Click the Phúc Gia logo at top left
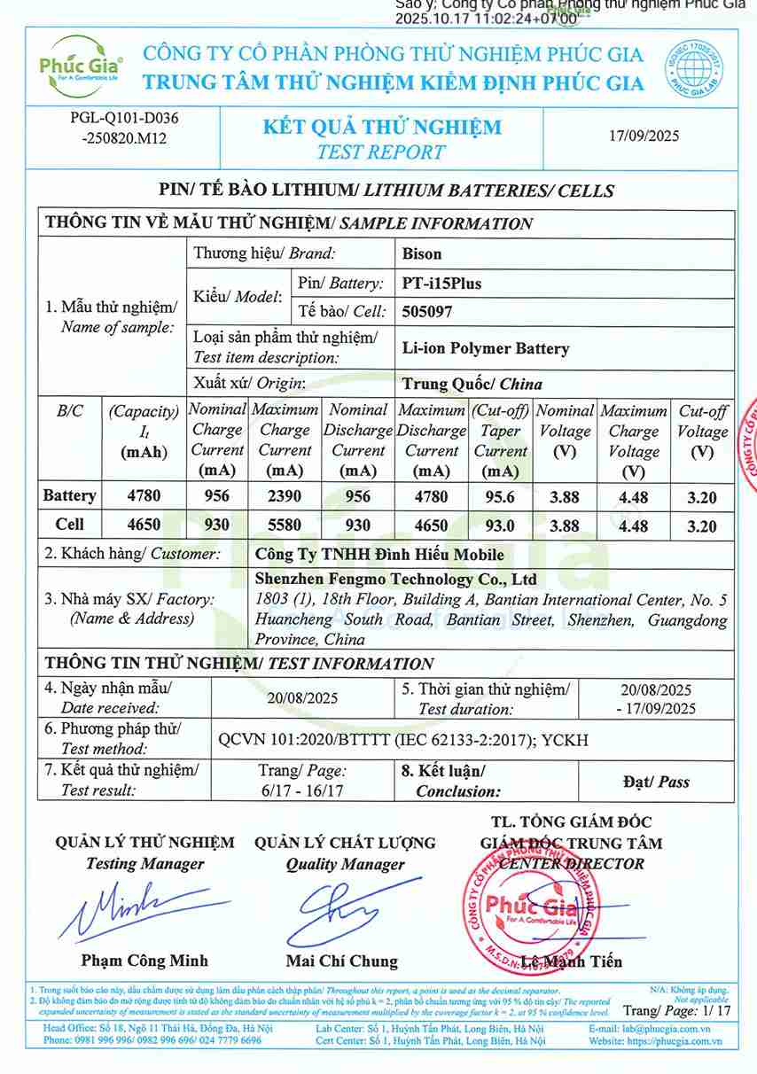click(81, 65)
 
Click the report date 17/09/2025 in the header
click(644, 136)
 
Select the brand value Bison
click(422, 253)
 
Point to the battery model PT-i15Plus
click(441, 284)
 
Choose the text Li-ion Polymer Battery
click(485, 348)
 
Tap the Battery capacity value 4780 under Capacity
click(144, 496)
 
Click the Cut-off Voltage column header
click(702, 431)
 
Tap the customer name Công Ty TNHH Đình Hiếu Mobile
click(379, 555)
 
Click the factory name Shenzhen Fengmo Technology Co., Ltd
click(395, 580)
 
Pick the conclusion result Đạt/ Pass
click(656, 782)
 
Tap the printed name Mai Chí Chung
click(342, 961)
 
